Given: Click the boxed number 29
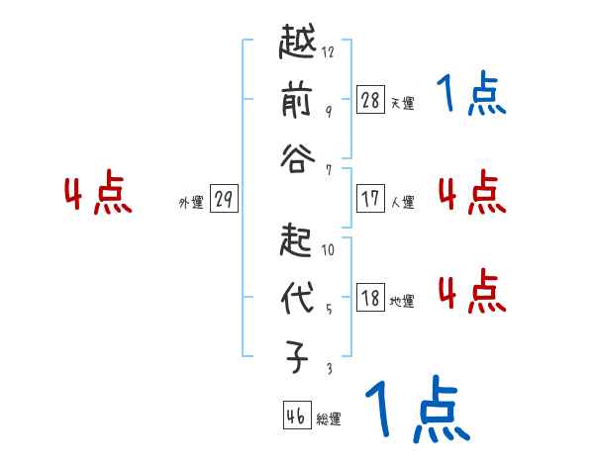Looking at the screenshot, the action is coord(224,200).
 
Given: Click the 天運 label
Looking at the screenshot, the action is coord(403,103).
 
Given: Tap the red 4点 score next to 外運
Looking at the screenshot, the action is coord(98,195).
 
